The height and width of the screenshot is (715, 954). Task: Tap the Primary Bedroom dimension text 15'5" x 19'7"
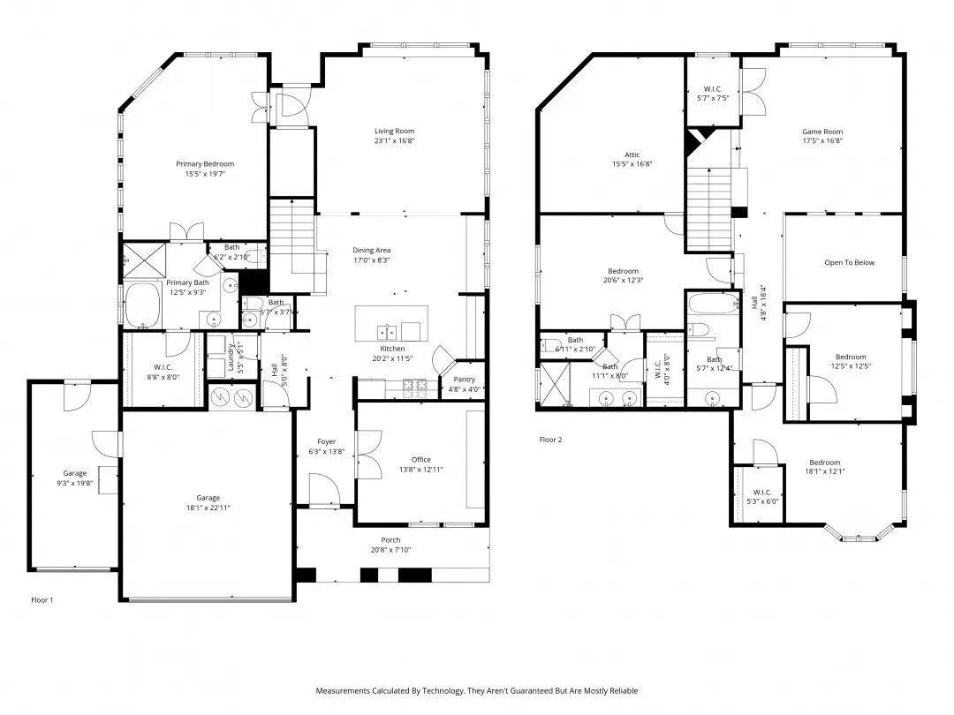pyautogui.click(x=205, y=175)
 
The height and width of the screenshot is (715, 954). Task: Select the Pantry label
pyautogui.click(x=464, y=379)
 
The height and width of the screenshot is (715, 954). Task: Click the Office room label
pyautogui.click(x=420, y=459)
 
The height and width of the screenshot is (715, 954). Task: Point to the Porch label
pyautogui.click(x=390, y=540)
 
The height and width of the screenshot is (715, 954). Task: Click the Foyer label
pyautogui.click(x=327, y=441)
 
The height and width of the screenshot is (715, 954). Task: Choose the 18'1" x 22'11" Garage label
pyautogui.click(x=208, y=498)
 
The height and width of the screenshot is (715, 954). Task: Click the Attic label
pyautogui.click(x=632, y=154)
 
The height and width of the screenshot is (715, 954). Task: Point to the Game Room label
pyautogui.click(x=821, y=132)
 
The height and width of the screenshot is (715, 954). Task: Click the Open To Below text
pyautogui.click(x=849, y=263)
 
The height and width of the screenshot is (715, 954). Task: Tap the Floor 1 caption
pyautogui.click(x=42, y=600)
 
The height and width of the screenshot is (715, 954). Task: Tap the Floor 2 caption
pyautogui.click(x=550, y=439)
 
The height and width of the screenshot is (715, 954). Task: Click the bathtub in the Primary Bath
pyautogui.click(x=143, y=306)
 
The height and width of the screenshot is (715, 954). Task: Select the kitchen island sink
pyautogui.click(x=387, y=332)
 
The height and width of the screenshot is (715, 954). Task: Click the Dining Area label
pyautogui.click(x=378, y=250)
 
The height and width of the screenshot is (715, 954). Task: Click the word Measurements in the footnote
pyautogui.click(x=344, y=690)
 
